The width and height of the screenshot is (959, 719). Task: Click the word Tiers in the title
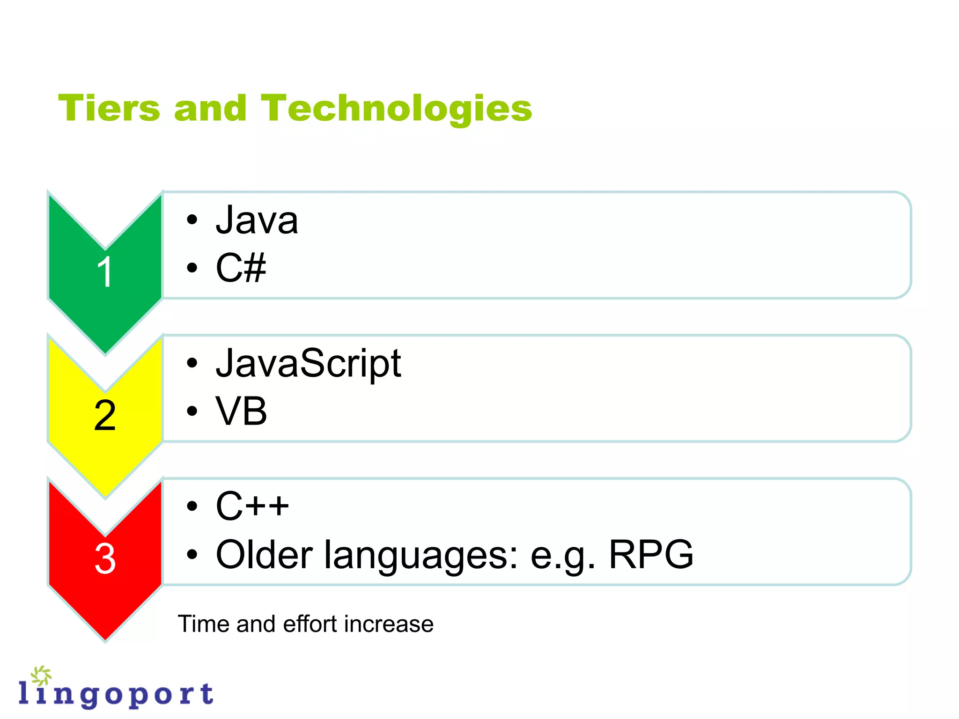click(x=109, y=108)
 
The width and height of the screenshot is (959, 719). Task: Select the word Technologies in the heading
click(x=396, y=109)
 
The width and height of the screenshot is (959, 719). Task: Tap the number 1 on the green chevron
click(x=105, y=272)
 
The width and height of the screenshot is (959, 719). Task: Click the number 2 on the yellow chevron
click(x=105, y=416)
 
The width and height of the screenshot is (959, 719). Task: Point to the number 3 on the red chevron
click(x=105, y=558)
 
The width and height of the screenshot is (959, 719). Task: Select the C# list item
click(x=241, y=268)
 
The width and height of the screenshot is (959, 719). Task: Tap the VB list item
click(x=241, y=411)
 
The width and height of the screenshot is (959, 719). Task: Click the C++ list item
click(x=252, y=506)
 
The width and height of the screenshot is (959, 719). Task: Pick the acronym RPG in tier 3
click(x=650, y=555)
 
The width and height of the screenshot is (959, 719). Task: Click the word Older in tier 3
click(x=264, y=555)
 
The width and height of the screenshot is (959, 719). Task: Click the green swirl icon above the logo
click(x=42, y=675)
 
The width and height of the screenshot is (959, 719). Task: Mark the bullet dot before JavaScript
click(x=192, y=363)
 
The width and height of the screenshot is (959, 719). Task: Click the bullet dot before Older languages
click(x=192, y=555)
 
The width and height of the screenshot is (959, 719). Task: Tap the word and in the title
click(x=210, y=108)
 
